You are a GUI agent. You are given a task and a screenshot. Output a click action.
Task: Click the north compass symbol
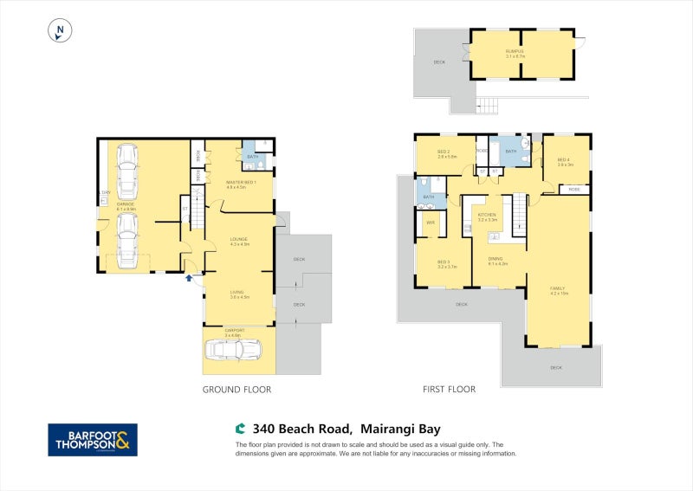pos(60,30)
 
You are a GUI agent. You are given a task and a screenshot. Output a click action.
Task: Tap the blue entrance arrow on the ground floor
pos(189,278)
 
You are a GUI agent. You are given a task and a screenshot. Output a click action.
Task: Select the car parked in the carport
pos(231,348)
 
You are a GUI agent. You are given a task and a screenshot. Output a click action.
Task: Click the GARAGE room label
pos(126,204)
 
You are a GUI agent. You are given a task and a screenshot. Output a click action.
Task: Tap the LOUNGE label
pos(239,240)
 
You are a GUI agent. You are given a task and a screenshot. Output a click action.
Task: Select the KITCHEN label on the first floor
pos(487,215)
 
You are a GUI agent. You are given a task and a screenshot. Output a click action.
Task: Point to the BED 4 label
pos(564,160)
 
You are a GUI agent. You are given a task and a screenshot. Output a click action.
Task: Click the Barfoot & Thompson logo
pos(92,439)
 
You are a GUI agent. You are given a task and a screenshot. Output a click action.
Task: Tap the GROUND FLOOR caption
pos(236,390)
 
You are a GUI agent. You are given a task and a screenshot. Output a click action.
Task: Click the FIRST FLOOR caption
pos(449,390)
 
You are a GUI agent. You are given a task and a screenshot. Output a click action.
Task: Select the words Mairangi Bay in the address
pos(399,428)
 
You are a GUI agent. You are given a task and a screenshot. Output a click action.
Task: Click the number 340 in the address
pos(262,428)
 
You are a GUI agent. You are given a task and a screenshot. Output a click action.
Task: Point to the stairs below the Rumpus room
pos(489,106)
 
